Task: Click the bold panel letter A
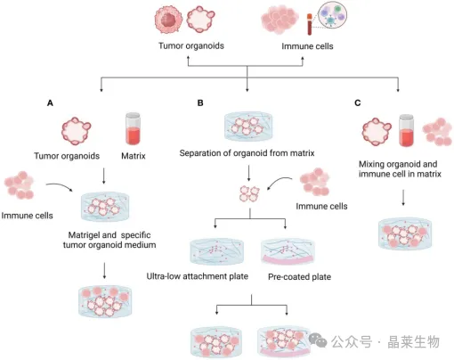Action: (x=50, y=103)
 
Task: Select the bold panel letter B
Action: (x=200, y=103)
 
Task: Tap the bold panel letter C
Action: (x=358, y=103)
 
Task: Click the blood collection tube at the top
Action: (x=309, y=24)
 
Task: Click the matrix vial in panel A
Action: (x=133, y=128)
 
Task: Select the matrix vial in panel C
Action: (x=406, y=130)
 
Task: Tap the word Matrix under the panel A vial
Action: (x=134, y=156)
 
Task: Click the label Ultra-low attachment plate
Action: (x=198, y=276)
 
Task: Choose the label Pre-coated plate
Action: (x=299, y=277)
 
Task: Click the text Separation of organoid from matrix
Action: (x=247, y=153)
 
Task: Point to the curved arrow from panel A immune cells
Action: (x=60, y=185)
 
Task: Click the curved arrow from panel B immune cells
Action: (x=280, y=181)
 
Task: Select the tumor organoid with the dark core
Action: (x=168, y=20)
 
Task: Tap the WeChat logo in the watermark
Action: (x=318, y=340)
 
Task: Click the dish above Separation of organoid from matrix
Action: (x=248, y=127)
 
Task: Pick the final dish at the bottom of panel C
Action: (x=405, y=233)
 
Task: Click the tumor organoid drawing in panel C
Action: (x=377, y=132)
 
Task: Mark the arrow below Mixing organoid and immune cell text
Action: (x=403, y=198)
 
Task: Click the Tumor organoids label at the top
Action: (x=191, y=45)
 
